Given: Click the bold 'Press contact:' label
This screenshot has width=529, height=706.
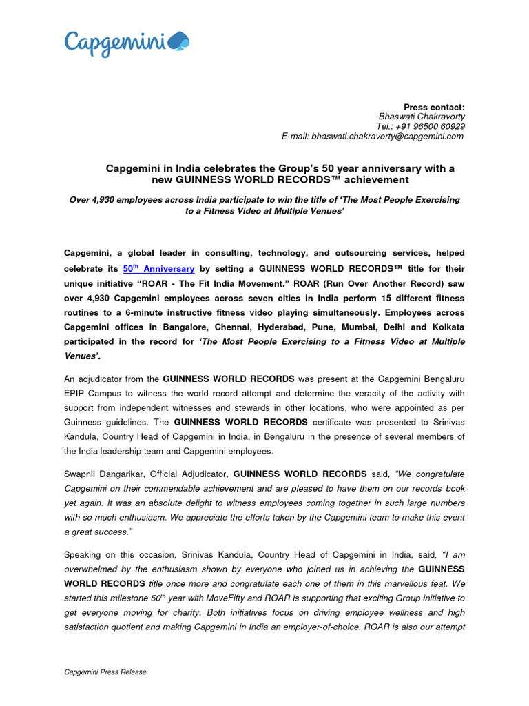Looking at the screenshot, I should coord(434,107).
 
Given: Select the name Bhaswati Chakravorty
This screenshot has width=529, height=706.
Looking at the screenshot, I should coord(422,117).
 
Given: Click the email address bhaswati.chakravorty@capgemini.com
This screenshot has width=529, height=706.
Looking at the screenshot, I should coord(388,137).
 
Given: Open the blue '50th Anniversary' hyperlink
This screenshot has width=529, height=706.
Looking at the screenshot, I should coord(158,268).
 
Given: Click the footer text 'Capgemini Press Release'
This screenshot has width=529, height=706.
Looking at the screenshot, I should coord(105,672).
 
